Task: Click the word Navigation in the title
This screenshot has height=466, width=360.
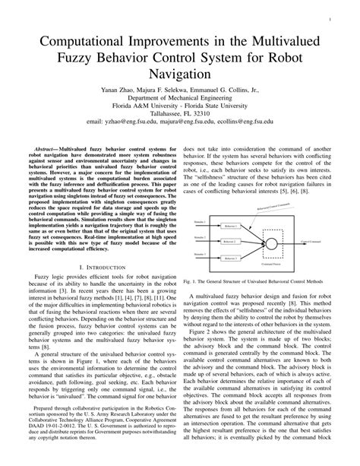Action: pyautogui.click(x=180, y=75)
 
